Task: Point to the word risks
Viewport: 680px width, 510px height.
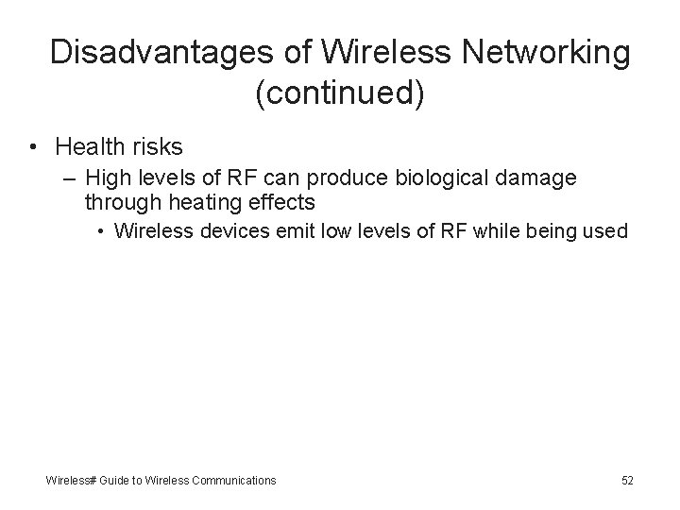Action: pyautogui.click(x=158, y=147)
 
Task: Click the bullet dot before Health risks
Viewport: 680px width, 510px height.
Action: pyautogui.click(x=32, y=147)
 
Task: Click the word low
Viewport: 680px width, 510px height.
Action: pyautogui.click(x=331, y=232)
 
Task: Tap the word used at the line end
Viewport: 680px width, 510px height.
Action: pyautogui.click(x=603, y=232)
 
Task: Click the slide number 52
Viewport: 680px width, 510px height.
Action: pyautogui.click(x=627, y=481)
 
